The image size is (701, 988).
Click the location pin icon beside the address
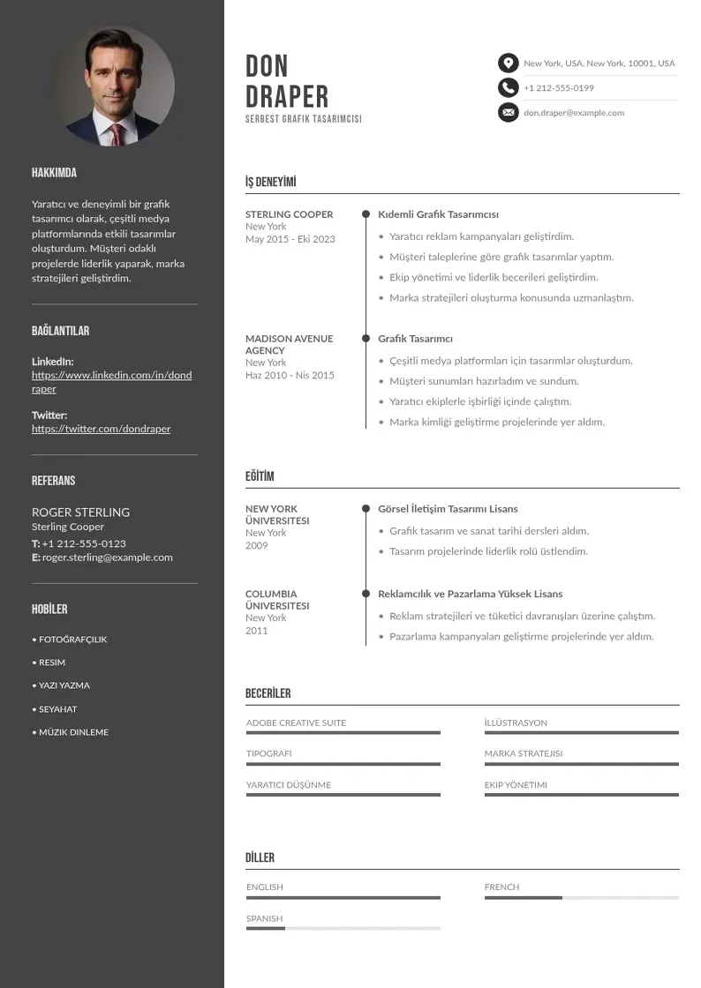click(x=508, y=64)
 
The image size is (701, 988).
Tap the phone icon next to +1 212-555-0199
click(x=508, y=87)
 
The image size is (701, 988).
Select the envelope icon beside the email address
click(x=508, y=112)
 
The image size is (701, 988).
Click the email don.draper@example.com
click(x=573, y=113)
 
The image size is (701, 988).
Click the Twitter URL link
click(x=101, y=429)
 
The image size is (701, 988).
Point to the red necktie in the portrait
click(x=116, y=133)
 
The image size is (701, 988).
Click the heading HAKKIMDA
click(x=54, y=173)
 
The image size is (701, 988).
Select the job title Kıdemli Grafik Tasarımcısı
click(x=438, y=214)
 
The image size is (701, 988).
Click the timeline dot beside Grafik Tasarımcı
click(x=366, y=338)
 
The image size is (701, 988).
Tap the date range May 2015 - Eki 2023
click(x=290, y=239)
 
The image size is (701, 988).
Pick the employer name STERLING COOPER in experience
click(x=289, y=214)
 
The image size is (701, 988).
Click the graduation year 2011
click(x=256, y=631)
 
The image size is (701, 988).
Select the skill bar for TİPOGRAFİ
click(x=343, y=764)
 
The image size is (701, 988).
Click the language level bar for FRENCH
click(x=581, y=898)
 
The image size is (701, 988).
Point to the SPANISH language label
click(x=264, y=918)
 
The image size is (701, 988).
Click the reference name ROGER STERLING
click(x=80, y=512)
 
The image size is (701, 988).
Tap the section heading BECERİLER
click(x=268, y=693)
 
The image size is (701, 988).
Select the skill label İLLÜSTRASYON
click(x=516, y=722)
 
